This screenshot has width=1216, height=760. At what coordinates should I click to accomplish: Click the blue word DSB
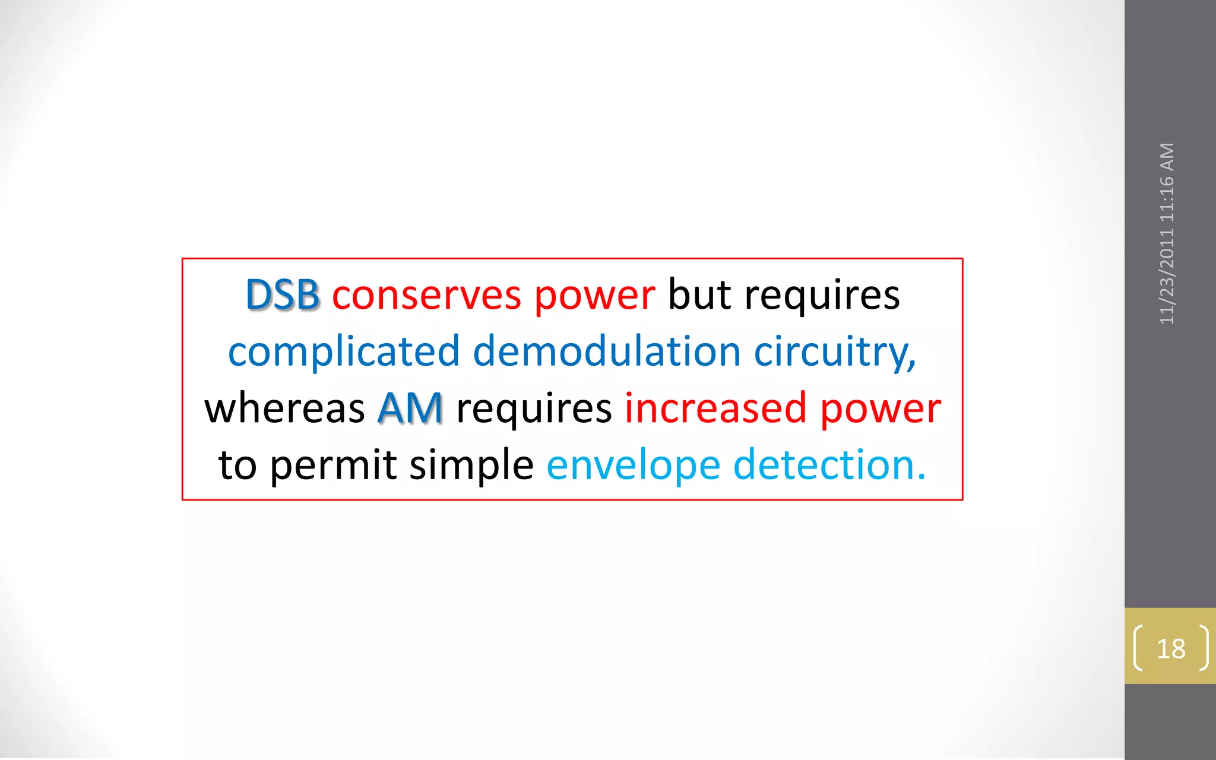tap(282, 294)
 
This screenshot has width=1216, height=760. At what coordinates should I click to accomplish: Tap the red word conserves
tap(426, 294)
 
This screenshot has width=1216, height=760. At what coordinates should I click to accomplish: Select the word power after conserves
tap(594, 296)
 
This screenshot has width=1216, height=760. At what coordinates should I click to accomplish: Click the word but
tap(699, 294)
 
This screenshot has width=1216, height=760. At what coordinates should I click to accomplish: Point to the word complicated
tap(344, 351)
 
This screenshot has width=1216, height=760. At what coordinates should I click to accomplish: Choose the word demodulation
tap(607, 351)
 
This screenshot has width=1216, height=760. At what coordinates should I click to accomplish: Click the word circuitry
tap(834, 351)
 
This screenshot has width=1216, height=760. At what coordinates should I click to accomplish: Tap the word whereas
tap(284, 408)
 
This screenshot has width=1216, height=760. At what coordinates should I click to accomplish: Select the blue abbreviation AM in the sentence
tap(410, 408)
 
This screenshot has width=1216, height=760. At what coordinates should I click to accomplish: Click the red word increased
tap(715, 408)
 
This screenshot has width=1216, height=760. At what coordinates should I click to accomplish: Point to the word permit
tap(333, 465)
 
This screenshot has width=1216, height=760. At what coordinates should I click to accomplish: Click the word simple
tap(471, 465)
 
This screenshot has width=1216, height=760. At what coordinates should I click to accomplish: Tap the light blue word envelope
tap(633, 465)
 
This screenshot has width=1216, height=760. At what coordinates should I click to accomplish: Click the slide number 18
tap(1171, 648)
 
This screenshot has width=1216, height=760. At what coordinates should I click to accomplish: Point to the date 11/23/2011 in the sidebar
tap(1167, 276)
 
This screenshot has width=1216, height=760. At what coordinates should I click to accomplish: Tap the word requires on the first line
tap(822, 294)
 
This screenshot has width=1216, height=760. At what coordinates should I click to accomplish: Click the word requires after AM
tap(534, 408)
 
